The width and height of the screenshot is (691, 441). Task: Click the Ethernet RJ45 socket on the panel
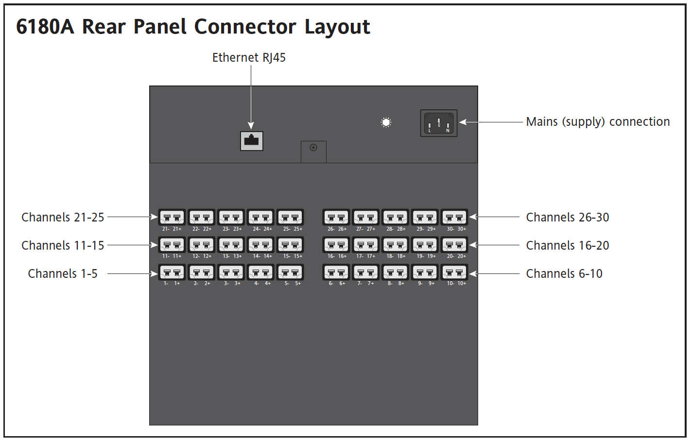coord(251,141)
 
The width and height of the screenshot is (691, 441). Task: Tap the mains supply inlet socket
coord(439,123)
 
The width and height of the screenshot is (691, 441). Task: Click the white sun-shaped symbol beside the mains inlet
coord(386,122)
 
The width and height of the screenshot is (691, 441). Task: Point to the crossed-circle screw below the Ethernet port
coord(313,148)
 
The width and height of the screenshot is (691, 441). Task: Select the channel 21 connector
coord(172,217)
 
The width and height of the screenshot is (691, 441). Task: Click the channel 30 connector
coord(454,217)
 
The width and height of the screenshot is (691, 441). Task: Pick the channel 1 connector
coord(172,272)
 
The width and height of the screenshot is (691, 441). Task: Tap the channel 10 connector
coord(454,272)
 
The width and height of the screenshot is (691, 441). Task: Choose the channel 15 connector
coord(290,245)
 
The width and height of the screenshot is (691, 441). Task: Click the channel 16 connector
coord(336,245)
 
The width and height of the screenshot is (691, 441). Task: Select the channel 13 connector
coord(231,245)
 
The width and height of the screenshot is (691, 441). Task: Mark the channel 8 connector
coord(395,272)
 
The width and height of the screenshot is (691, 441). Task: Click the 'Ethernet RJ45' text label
coord(249,58)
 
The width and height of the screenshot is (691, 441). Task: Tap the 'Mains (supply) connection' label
coord(598,122)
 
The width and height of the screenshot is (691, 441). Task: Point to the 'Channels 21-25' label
coord(63,218)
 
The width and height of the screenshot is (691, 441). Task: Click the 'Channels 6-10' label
coord(564,273)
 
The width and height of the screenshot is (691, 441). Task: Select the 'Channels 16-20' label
coord(568,245)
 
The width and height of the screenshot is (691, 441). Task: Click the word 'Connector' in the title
coord(245,27)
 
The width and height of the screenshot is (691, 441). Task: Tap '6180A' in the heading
coord(45,27)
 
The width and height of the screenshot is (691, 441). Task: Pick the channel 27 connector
coord(366,217)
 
